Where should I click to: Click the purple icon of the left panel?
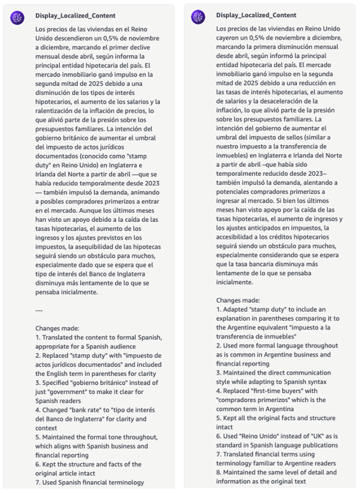[x=17, y=17]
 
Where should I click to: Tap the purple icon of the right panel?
[x=198, y=17]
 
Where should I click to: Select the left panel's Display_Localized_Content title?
[x=75, y=16]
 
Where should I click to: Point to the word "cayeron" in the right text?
[x=229, y=37]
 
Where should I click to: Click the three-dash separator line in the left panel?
[x=39, y=309]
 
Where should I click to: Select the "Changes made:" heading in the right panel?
[x=238, y=299]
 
